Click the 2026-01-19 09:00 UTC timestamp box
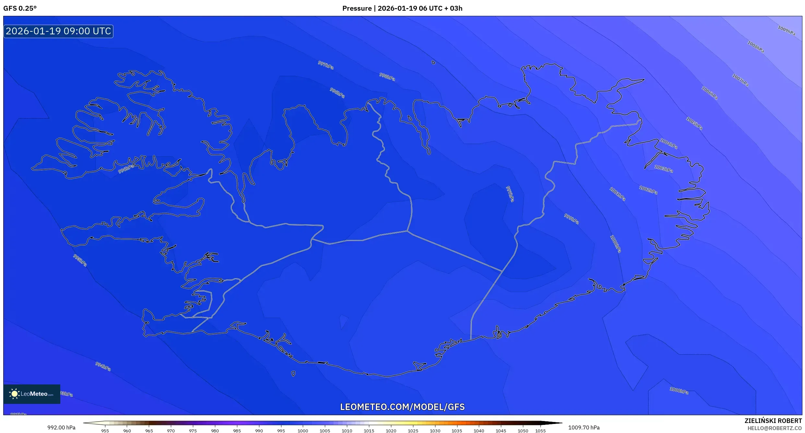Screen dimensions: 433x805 [58, 31]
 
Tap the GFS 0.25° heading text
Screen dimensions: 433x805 [20, 8]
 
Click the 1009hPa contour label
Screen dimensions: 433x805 [786, 30]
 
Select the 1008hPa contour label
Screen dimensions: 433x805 [756, 47]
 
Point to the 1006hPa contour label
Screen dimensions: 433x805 [710, 93]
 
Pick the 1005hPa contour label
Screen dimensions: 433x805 [694, 123]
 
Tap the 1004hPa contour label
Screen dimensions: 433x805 [669, 143]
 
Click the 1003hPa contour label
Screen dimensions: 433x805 [663, 169]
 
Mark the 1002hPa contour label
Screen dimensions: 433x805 [648, 190]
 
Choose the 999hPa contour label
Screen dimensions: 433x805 [571, 219]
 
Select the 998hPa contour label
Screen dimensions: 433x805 [387, 77]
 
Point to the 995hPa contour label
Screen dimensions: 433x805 [80, 260]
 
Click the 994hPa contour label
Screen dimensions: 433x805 [103, 366]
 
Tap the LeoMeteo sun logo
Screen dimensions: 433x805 [14, 394]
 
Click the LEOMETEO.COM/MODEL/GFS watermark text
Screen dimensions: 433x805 [402, 407]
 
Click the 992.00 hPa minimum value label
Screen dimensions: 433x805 [61, 427]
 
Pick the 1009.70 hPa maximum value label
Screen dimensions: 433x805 [584, 427]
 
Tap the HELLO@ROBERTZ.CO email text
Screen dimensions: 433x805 [775, 428]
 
